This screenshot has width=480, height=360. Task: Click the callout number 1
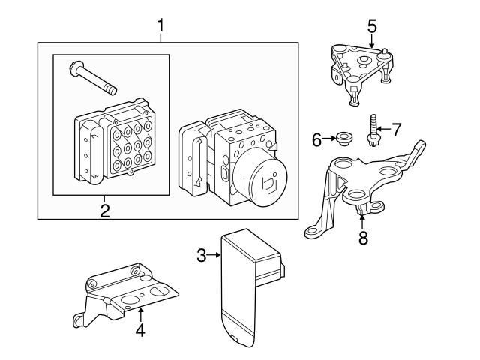click(160, 27)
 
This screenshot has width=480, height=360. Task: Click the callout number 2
click(105, 210)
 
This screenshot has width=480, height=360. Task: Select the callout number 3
click(201, 256)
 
